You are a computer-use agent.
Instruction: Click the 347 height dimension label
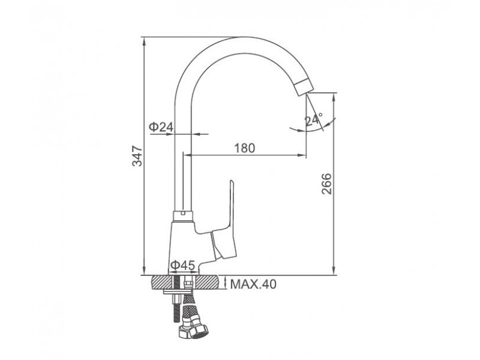tap(137, 156)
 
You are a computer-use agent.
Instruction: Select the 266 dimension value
tap(326, 184)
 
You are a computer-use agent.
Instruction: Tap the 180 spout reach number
tap(245, 148)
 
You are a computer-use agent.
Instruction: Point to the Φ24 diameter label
tap(161, 127)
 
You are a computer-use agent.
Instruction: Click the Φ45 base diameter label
tap(183, 265)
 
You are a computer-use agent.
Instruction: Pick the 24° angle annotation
tap(313, 119)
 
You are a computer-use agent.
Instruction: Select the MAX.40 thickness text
tap(253, 284)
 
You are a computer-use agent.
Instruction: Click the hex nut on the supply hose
tap(193, 331)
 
